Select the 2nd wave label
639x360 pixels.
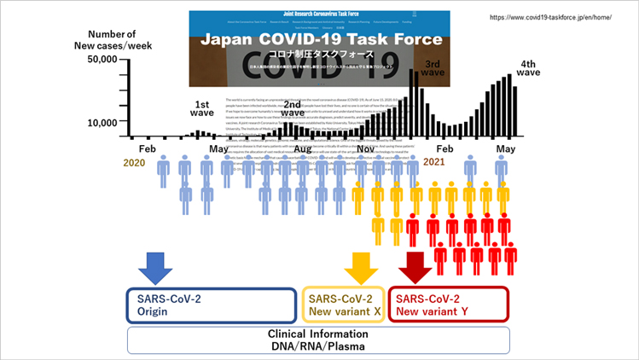(x=293, y=107)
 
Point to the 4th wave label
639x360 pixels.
(x=529, y=68)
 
